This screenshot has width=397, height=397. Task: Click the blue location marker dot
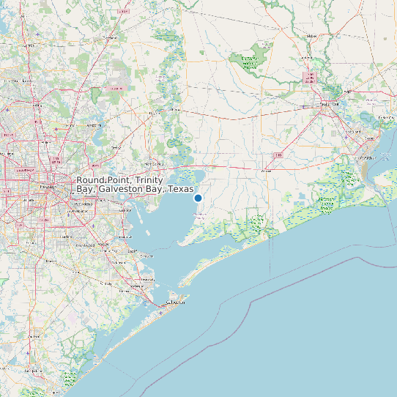[198, 198]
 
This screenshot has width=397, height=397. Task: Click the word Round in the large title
[91, 180]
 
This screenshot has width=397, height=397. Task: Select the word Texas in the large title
[180, 189]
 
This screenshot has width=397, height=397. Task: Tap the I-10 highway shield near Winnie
[279, 155]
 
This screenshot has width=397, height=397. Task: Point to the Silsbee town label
[312, 35]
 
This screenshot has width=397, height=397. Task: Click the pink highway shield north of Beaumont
[309, 76]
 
